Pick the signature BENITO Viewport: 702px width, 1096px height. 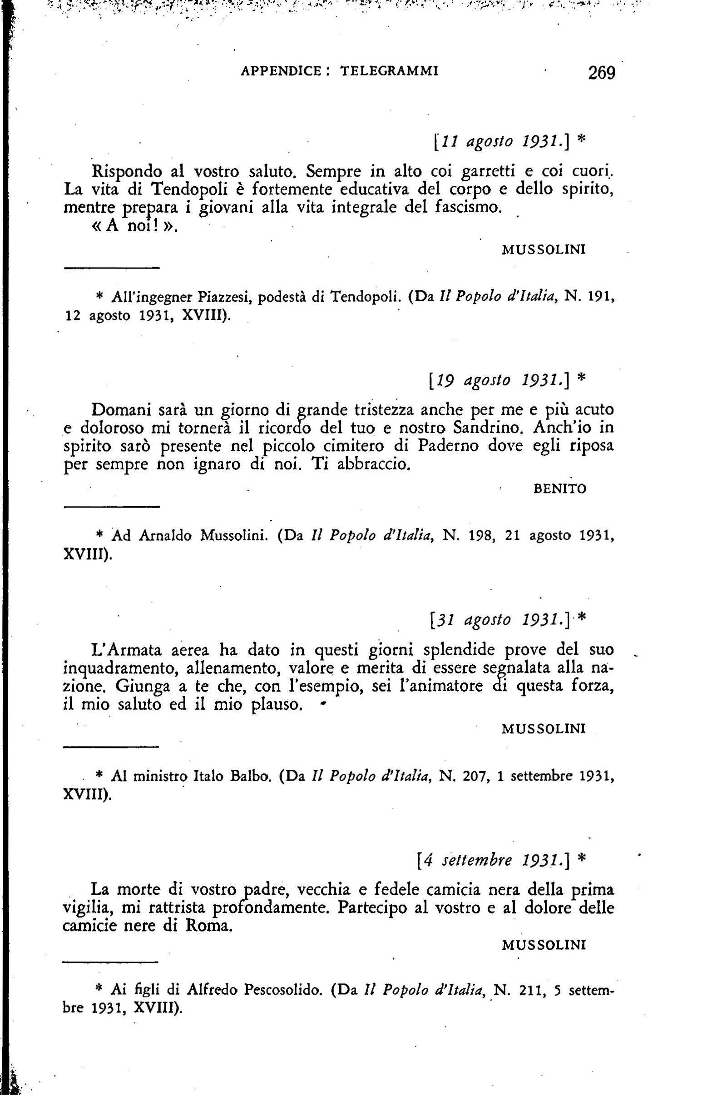[559, 489]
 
